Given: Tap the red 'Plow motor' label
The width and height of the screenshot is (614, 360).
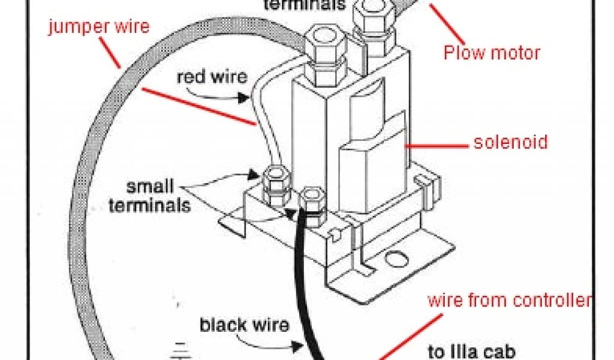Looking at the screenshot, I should click(x=492, y=53).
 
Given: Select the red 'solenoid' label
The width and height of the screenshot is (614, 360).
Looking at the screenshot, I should click(x=510, y=142).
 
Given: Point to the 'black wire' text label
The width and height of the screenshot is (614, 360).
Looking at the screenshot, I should click(x=243, y=326).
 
